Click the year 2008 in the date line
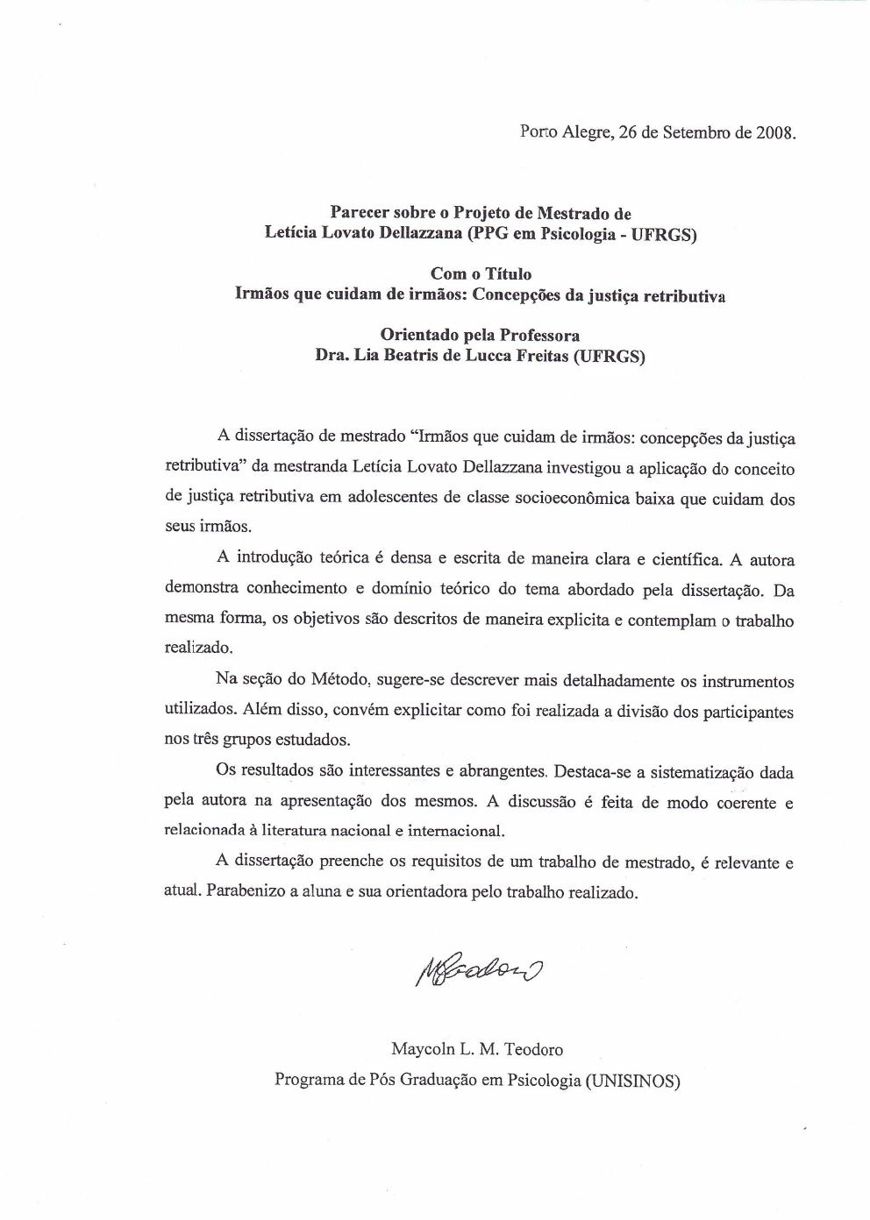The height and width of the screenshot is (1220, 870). pyautogui.click(x=774, y=134)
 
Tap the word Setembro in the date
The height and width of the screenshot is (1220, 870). pyautogui.click(x=695, y=134)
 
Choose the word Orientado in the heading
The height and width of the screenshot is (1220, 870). pyautogui.click(x=416, y=336)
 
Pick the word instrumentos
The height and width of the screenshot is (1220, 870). pyautogui.click(x=745, y=681)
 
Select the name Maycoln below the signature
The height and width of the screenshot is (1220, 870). pyautogui.click(x=420, y=1049)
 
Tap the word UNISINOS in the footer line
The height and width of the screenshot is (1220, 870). pyautogui.click(x=631, y=1080)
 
